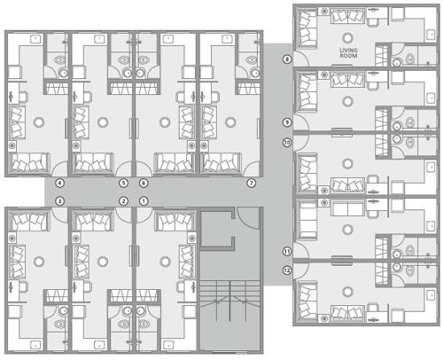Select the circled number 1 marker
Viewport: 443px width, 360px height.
tap(144, 201)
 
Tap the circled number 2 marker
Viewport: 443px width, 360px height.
tap(123, 201)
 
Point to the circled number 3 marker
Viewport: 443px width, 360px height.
tap(59, 201)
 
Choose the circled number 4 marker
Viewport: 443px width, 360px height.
tap(59, 183)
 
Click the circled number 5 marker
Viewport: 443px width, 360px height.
tap(123, 183)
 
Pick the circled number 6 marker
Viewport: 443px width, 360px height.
tap(144, 183)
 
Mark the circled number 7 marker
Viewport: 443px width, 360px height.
tap(252, 183)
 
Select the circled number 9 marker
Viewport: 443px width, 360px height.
tap(286, 121)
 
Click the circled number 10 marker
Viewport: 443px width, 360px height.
tap(286, 142)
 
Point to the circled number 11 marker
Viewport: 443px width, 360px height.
tap(286, 252)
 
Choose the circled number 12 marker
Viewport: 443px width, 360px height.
tap(286, 270)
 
